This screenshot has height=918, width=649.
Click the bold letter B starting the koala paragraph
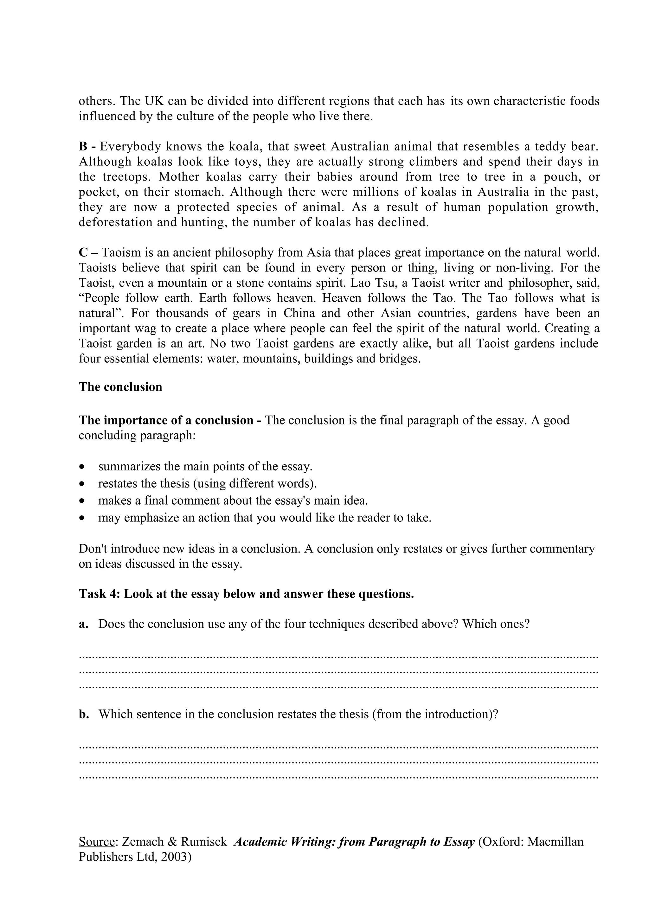pyautogui.click(x=83, y=146)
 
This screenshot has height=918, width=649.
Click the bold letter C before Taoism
pyautogui.click(x=83, y=253)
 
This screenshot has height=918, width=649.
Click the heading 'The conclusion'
pyautogui.click(x=120, y=387)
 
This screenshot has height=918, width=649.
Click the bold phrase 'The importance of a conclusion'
pyautogui.click(x=166, y=421)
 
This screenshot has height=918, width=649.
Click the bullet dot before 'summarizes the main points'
pyautogui.click(x=82, y=467)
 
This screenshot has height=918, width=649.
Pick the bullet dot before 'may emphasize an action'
pyautogui.click(x=82, y=518)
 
